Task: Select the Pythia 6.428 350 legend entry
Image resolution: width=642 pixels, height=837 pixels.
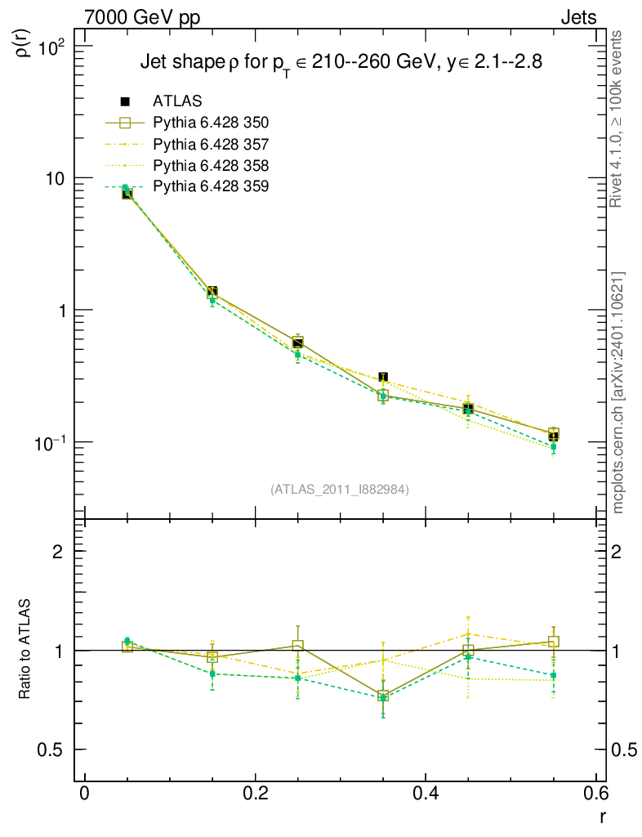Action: pos(211,123)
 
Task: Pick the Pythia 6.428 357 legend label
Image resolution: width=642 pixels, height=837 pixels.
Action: pos(211,144)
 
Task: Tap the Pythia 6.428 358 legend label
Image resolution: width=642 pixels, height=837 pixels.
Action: pos(211,165)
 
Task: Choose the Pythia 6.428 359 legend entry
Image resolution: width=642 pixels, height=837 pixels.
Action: pos(211,186)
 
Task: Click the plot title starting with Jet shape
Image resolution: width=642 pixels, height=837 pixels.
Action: pos(341,64)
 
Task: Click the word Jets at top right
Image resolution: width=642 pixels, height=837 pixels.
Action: pos(577,17)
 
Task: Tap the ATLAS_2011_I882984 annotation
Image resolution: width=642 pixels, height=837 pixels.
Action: pos(340,489)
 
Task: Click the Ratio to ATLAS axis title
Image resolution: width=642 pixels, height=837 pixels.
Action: pos(25,649)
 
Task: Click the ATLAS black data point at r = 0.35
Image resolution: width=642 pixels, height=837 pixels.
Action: pos(383,377)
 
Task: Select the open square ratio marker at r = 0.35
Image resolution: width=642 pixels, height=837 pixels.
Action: pos(383,696)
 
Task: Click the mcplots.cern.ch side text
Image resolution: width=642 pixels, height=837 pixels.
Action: pos(618,392)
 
